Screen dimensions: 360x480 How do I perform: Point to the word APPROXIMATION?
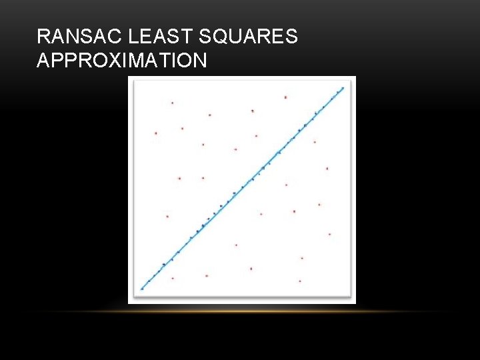pos(122,61)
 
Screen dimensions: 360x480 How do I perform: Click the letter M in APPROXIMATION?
pos(146,61)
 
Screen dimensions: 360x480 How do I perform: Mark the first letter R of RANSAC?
pos(43,37)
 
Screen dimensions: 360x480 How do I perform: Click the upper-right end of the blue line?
pos(343,87)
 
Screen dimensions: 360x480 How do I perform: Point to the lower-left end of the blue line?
pos(141,289)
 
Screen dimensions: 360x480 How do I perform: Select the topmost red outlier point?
pos(285,97)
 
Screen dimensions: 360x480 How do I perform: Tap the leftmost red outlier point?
pos(156,133)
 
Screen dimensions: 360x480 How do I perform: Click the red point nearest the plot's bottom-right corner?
pos(299,281)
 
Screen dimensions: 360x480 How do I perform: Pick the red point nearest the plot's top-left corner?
pos(172,103)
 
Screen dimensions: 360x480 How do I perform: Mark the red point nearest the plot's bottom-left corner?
pos(173,278)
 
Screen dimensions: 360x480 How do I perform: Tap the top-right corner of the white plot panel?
pos(355,77)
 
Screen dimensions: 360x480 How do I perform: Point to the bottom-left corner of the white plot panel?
pos(129,303)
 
